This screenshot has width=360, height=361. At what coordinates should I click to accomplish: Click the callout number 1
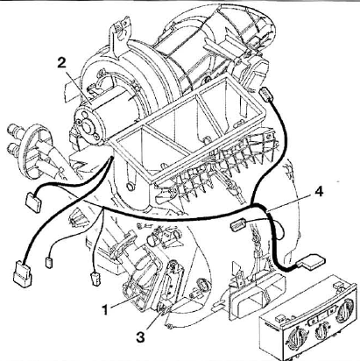pyautogui.click(x=106, y=309)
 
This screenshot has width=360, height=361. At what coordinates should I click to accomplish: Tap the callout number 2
pyautogui.click(x=61, y=62)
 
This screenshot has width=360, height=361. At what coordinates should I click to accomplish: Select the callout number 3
pyautogui.click(x=140, y=337)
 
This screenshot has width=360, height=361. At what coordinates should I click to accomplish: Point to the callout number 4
pyautogui.click(x=319, y=192)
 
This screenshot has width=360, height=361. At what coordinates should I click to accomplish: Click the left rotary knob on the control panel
pyautogui.click(x=295, y=339)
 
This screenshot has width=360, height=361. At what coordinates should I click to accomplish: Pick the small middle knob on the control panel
pyautogui.click(x=321, y=329)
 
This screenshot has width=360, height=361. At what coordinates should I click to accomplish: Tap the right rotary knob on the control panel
pyautogui.click(x=345, y=314)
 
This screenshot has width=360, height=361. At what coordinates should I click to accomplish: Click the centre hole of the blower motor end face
pyautogui.click(x=87, y=126)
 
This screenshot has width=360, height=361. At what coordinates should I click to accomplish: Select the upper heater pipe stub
pyautogui.click(x=15, y=129)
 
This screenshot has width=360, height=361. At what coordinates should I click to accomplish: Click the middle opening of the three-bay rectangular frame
pyautogui.click(x=175, y=121)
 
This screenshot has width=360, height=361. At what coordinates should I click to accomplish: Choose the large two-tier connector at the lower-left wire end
pyautogui.click(x=22, y=273)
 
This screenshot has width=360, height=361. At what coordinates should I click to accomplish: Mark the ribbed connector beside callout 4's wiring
pyautogui.click(x=239, y=225)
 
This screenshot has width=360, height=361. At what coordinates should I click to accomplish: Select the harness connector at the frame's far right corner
pyautogui.click(x=266, y=95)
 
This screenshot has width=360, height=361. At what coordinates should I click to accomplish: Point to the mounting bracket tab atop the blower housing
pyautogui.click(x=119, y=32)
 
